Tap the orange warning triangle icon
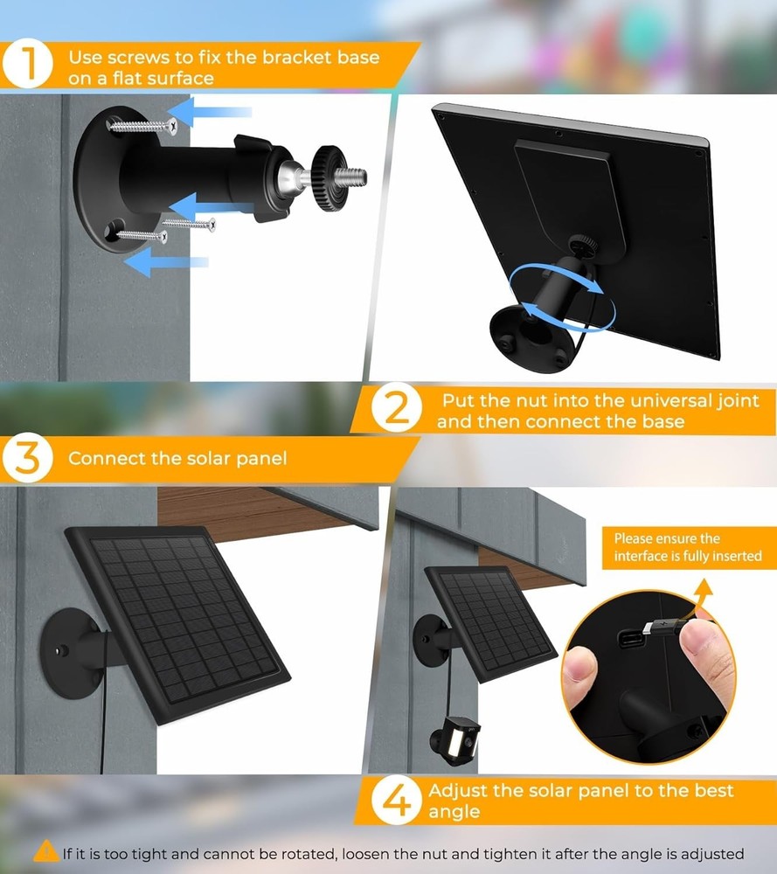pyautogui.click(x=46, y=852)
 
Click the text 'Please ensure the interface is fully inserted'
pyautogui.click(x=687, y=547)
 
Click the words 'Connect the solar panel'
pyautogui.click(x=177, y=458)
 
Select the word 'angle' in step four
pyautogui.click(x=454, y=812)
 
